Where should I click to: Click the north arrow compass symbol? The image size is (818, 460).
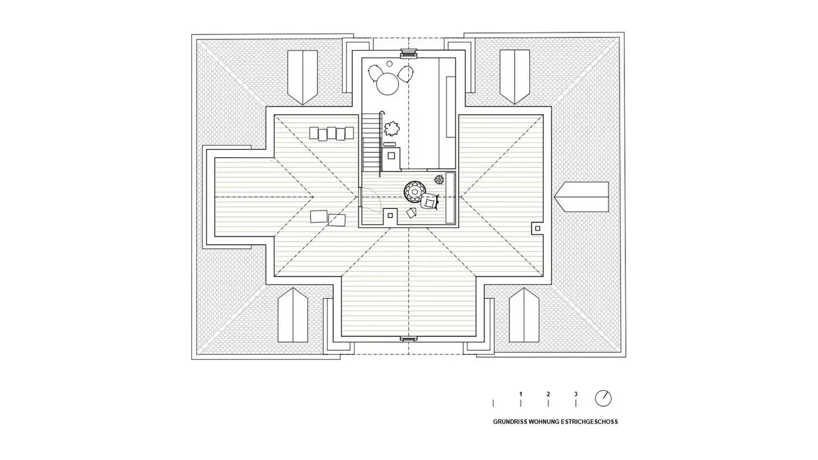tap(603, 398)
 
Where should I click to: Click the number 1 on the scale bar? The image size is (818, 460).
tap(520, 394)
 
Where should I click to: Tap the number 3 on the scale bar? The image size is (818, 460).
tap(575, 394)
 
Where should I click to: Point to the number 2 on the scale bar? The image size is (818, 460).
tap(548, 394)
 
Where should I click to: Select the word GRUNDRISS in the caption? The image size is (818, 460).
tap(510, 422)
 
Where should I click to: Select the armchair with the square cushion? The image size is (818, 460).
tap(431, 201)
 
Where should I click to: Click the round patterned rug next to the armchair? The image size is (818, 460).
tap(414, 191)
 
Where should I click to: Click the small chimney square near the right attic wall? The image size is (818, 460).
tap(537, 228)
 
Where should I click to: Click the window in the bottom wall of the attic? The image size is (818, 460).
tap(408, 338)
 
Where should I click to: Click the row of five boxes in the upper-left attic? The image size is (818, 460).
tap(327, 133)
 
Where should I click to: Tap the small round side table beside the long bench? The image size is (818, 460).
tap(439, 179)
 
